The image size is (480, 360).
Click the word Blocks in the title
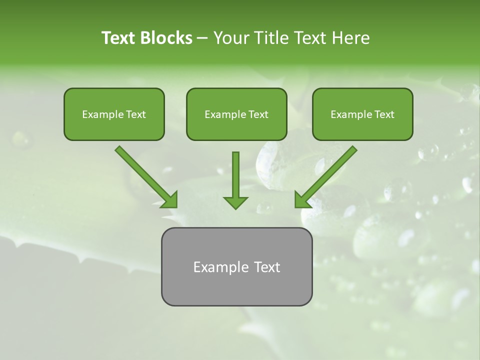167,38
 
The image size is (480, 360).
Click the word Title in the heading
270,38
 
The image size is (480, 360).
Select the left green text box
114,114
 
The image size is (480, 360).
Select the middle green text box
236,114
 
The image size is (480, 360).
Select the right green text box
362,114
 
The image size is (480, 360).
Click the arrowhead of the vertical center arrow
235,202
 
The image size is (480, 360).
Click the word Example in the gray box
214,267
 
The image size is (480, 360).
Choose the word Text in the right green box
384,114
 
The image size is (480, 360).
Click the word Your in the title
230,38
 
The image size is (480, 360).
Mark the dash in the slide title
202,38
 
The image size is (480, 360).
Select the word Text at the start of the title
119,38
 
